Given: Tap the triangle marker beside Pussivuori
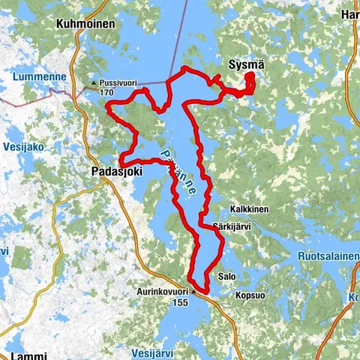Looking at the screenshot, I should pyautogui.click(x=93, y=82).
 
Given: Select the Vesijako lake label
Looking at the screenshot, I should pyautogui.click(x=25, y=146).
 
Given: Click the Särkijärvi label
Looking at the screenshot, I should pyautogui.click(x=231, y=223).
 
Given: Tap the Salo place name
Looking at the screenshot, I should pyautogui.click(x=226, y=277).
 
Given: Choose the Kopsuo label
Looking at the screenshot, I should pyautogui.click(x=250, y=295).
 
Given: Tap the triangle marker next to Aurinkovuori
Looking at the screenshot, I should pyautogui.click(x=193, y=290).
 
